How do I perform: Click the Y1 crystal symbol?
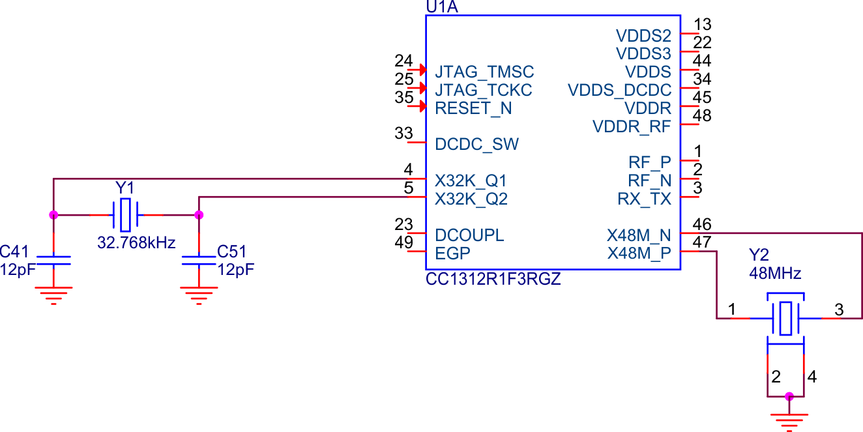click(x=125, y=214)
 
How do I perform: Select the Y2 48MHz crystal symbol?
click(x=785, y=318)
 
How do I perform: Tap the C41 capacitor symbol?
click(x=53, y=261)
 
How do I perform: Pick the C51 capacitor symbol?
click(x=199, y=261)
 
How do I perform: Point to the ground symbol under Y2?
click(x=789, y=420)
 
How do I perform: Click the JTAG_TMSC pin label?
click(x=484, y=72)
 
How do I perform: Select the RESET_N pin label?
click(x=473, y=108)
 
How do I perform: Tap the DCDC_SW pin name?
click(x=477, y=144)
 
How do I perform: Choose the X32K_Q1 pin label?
click(x=471, y=180)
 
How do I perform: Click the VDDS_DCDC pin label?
click(x=619, y=89)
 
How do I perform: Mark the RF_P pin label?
click(x=649, y=162)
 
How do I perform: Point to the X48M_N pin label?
click(x=639, y=235)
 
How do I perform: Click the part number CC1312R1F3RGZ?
click(x=493, y=280)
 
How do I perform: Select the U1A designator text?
click(x=443, y=7)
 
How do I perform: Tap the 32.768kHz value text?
click(x=136, y=243)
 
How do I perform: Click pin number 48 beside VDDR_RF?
click(x=703, y=116)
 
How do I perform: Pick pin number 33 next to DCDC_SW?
click(x=404, y=134)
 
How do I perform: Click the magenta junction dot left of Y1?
click(x=53, y=214)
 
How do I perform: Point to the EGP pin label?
click(x=453, y=253)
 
